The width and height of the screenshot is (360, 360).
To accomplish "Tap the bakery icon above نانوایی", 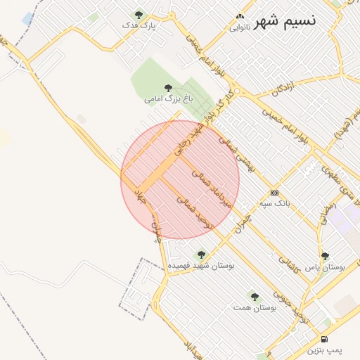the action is (x=240, y=16).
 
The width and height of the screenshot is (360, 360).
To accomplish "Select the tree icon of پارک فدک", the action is (x=139, y=14).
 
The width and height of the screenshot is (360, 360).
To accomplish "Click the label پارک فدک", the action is (x=139, y=25).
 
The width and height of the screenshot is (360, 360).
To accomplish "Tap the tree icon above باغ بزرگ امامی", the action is (x=167, y=87).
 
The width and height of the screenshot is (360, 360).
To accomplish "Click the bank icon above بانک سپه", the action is (x=274, y=193).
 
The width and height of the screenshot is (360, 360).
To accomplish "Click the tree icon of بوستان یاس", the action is (x=324, y=257).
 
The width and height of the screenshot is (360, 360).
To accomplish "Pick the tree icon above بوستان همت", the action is (x=255, y=297).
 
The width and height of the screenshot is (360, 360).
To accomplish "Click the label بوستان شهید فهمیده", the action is (x=202, y=266).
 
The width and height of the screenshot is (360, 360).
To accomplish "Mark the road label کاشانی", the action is (x=290, y=263).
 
